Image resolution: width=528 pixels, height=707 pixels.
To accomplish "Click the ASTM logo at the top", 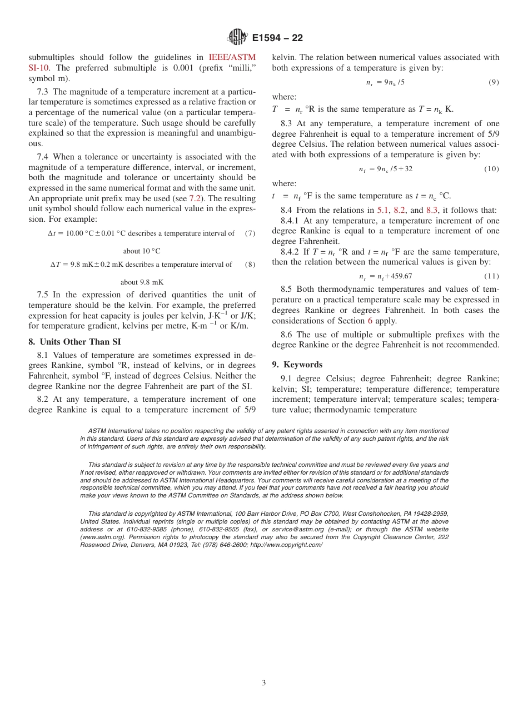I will point(237,37).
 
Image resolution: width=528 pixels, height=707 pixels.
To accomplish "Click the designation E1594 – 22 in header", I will point(277,38).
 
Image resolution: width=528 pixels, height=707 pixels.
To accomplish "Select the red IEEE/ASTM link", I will point(232,57).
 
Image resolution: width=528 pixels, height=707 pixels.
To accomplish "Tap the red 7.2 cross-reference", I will point(195,198).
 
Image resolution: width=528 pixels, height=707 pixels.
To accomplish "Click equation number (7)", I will point(250,233).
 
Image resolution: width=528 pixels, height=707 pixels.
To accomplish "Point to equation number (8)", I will point(250,265).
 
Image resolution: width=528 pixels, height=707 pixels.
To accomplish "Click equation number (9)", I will point(494,82).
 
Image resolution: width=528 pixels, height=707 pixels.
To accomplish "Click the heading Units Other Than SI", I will point(78,342).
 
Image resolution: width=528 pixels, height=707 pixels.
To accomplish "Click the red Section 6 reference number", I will point(370,321).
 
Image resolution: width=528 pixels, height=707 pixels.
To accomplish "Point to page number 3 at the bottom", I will point(264,683).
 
